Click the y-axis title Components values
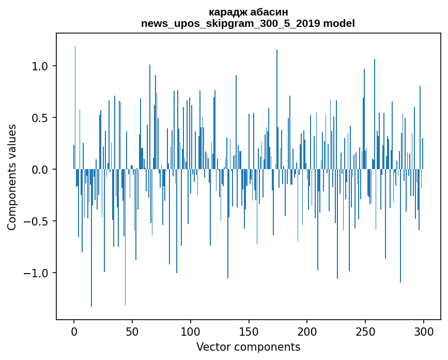[x=12, y=177]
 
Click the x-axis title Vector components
[x=248, y=347]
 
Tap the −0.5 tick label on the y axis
[x=38, y=221]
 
